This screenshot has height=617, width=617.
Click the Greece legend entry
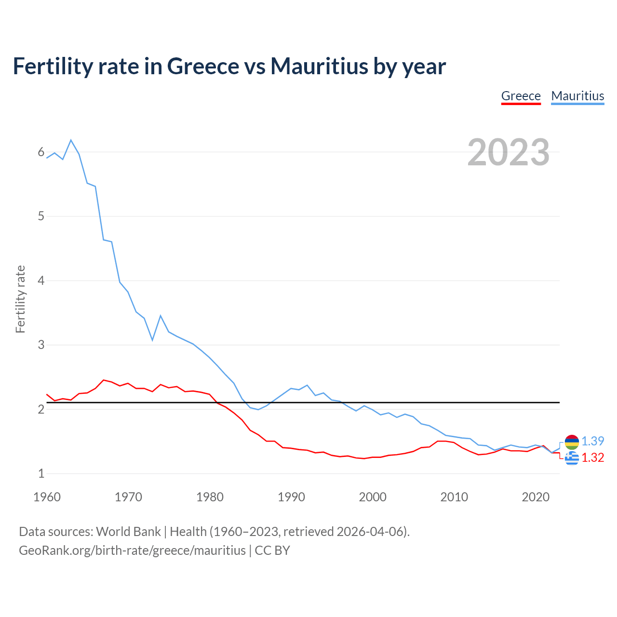click(521, 96)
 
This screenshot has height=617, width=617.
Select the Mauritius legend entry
click(577, 96)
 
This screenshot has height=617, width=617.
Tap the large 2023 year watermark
click(508, 152)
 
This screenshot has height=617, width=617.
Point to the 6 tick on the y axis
click(41, 152)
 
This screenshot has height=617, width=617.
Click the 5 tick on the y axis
click(41, 216)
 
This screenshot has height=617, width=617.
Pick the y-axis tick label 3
click(41, 345)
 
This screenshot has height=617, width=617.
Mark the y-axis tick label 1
click(41, 474)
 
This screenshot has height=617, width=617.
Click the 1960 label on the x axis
click(47, 497)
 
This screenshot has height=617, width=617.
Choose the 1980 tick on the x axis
click(210, 497)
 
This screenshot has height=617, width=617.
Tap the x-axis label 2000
click(373, 497)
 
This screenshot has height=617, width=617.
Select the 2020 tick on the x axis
click(536, 497)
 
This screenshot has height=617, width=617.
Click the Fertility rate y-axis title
click(20, 299)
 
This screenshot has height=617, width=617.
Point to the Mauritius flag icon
click(572, 441)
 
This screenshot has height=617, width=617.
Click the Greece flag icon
click(572, 458)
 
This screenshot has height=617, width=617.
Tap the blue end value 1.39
click(592, 441)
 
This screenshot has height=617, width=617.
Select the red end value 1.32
click(592, 457)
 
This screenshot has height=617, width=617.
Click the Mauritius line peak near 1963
click(71, 140)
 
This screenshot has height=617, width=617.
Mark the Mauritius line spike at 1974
click(161, 316)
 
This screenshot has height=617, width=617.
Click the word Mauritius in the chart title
click(320, 66)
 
